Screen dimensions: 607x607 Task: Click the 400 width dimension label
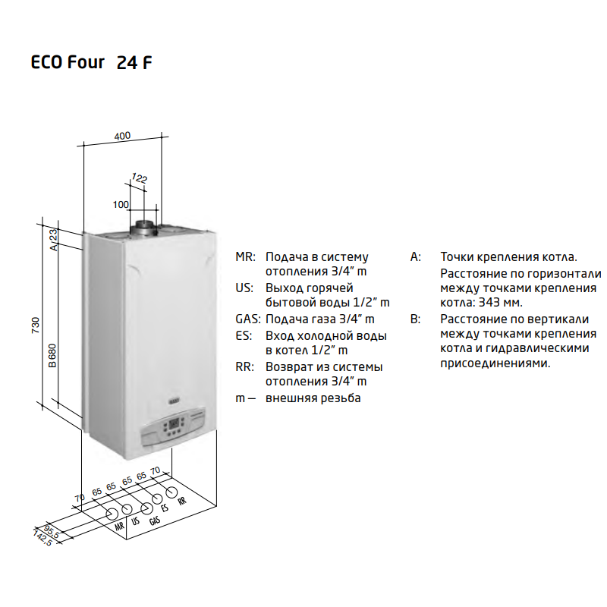[122, 136]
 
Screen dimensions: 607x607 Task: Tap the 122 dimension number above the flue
[140, 178]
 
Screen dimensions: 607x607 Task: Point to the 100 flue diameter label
[121, 204]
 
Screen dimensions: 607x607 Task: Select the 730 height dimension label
[35, 326]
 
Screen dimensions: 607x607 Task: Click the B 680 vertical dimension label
[52, 356]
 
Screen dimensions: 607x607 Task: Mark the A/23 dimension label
[53, 240]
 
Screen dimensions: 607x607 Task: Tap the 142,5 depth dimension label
[42, 538]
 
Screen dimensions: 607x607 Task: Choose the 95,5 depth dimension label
[52, 532]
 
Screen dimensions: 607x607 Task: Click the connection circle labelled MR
[112, 514]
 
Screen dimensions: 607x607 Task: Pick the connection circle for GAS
[146, 508]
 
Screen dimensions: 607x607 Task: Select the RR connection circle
[171, 492]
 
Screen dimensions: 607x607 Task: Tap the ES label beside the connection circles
[165, 508]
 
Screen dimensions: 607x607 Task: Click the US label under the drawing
[135, 521]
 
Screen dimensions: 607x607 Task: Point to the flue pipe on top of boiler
[144, 228]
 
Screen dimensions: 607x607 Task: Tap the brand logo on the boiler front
[175, 403]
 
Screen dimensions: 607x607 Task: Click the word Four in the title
[86, 62]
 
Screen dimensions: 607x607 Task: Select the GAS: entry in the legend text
[248, 319]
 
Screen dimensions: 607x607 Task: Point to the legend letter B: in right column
[415, 319]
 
